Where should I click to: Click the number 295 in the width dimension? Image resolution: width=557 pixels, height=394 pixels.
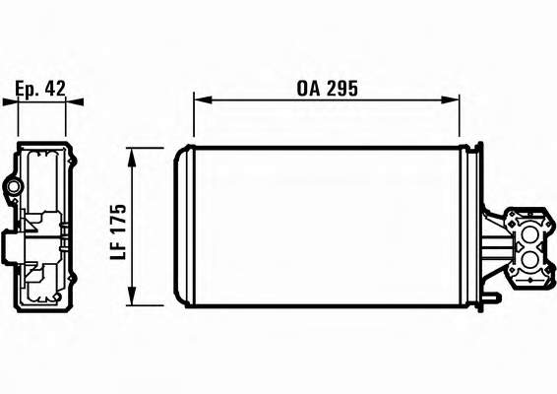click(x=342, y=89)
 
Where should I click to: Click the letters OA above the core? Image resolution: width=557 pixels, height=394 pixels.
click(x=308, y=89)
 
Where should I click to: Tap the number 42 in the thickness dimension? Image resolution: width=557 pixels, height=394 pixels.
click(x=55, y=89)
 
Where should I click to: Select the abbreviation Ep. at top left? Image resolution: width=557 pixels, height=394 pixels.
click(x=27, y=89)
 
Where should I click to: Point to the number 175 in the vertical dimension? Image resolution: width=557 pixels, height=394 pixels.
click(x=118, y=218)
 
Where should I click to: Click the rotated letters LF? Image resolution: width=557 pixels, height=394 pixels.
click(x=118, y=249)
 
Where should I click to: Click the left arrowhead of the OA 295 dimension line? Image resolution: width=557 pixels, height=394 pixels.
click(x=203, y=99)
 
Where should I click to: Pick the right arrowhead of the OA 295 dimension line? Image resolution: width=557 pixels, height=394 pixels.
click(x=450, y=99)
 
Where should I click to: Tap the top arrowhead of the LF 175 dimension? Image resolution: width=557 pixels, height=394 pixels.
click(x=132, y=157)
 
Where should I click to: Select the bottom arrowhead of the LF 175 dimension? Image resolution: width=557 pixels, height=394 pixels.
click(x=132, y=295)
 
